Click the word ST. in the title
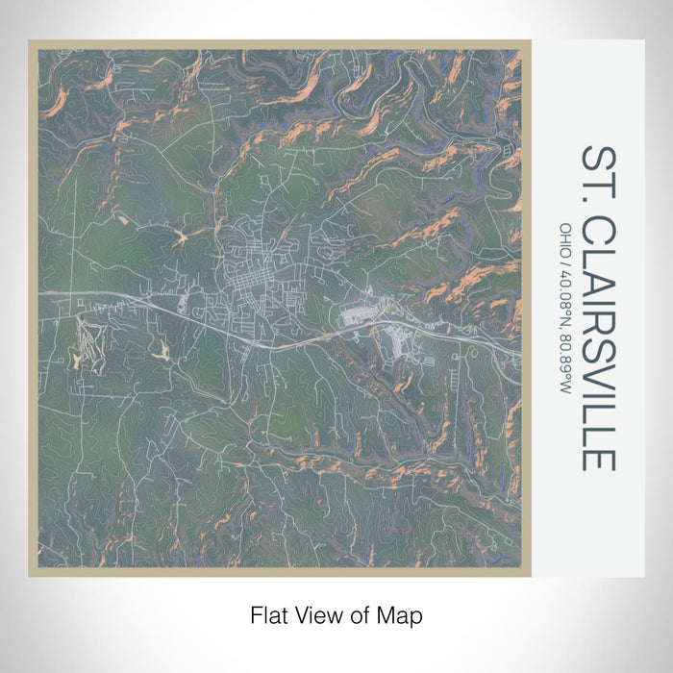pos(596,174)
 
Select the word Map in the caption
pos(403,613)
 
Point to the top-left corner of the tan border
pos(30,41)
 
